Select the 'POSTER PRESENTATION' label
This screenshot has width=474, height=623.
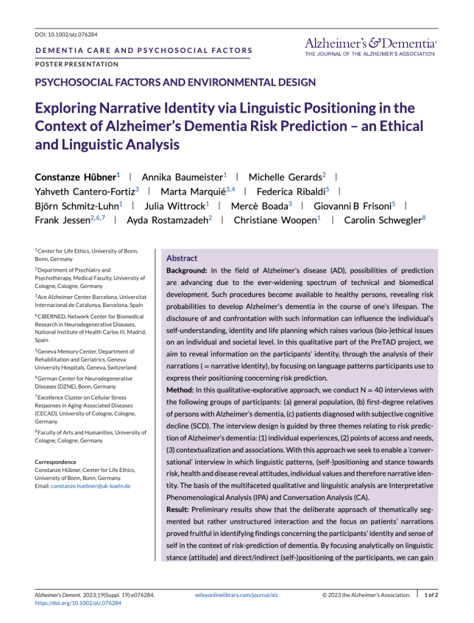[77, 64]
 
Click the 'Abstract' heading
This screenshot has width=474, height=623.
[182, 258]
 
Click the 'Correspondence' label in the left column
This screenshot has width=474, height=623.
[55, 462]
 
